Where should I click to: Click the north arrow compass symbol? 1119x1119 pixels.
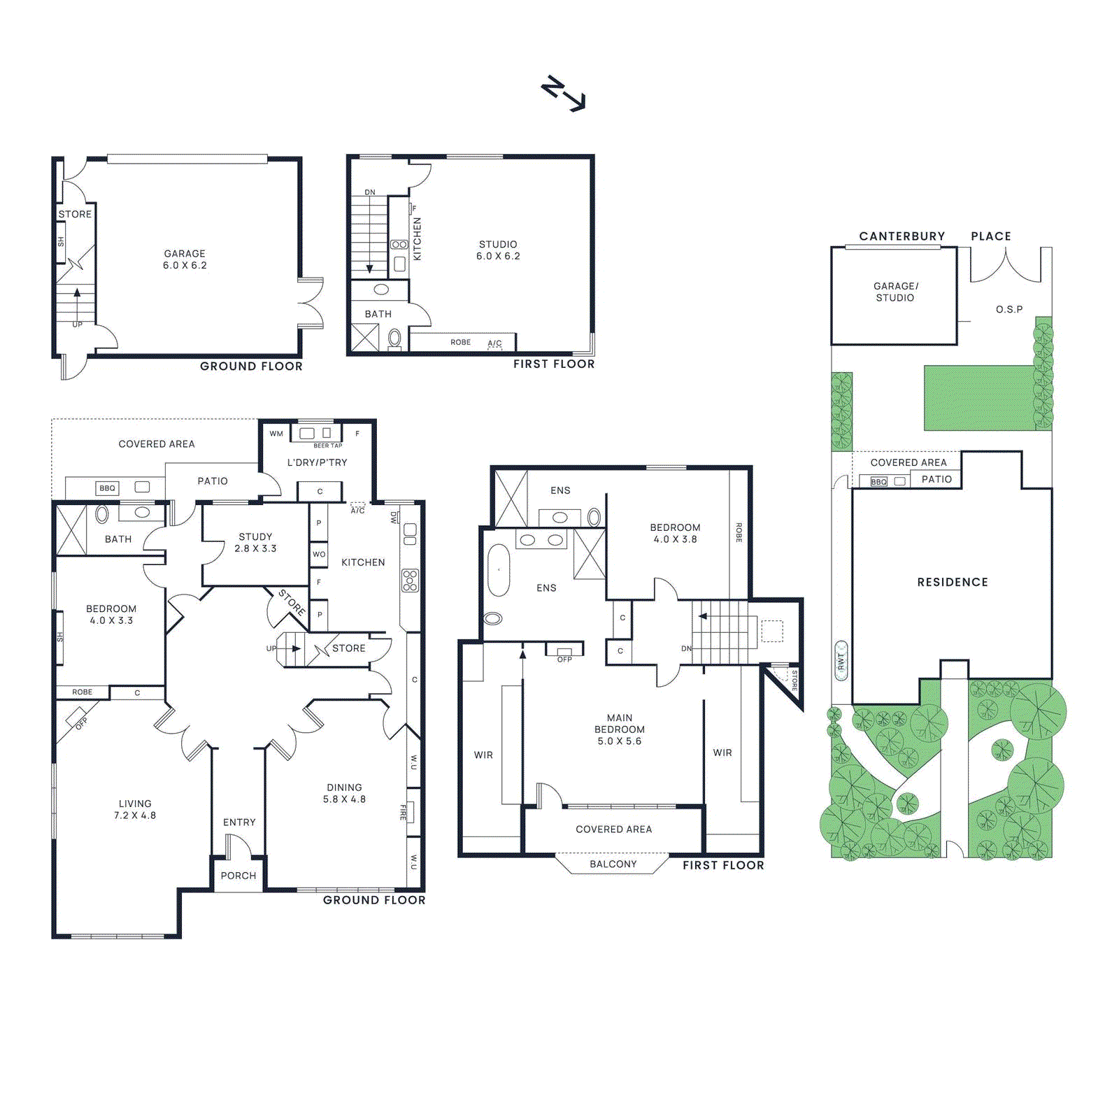[x=563, y=93]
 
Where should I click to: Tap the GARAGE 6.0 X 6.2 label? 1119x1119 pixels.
[x=185, y=259]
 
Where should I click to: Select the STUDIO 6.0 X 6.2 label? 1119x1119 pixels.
[x=498, y=250]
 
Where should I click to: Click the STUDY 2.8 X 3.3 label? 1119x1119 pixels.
[x=255, y=543]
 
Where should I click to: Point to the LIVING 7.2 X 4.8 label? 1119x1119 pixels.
[x=135, y=809]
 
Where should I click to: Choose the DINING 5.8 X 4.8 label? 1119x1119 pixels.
[x=344, y=793]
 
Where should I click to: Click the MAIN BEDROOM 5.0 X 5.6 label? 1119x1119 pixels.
[x=620, y=729]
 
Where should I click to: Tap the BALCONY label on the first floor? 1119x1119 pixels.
[x=613, y=864]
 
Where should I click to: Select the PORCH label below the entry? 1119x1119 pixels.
[x=238, y=876]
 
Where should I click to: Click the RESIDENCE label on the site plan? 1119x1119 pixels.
[x=953, y=582]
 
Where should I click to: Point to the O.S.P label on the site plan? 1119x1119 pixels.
[x=1009, y=309]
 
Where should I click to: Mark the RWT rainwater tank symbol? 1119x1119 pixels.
[x=841, y=660]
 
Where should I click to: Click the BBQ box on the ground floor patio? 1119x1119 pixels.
[x=107, y=488]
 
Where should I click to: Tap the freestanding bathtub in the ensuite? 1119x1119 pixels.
[x=499, y=570]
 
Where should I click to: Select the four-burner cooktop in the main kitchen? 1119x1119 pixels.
[x=410, y=580]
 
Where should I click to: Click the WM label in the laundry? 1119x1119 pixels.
[x=276, y=434]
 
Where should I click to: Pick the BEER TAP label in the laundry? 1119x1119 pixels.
[x=328, y=446]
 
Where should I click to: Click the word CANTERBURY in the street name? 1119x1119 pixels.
[x=901, y=236]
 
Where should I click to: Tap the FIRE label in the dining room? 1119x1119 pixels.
[x=404, y=812]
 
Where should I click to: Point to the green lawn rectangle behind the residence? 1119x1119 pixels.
[x=979, y=397]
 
